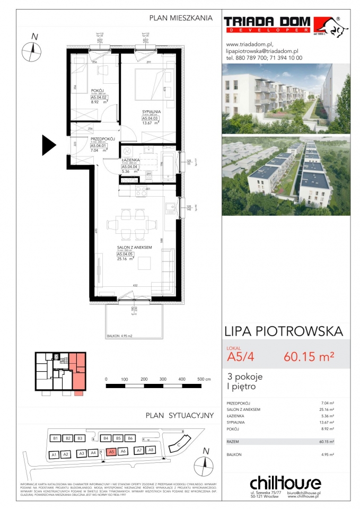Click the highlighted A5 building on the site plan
110,452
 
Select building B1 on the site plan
55,438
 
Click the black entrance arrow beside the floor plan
49,144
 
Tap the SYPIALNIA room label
151,111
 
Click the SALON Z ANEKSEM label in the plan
135,248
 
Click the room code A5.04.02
99,97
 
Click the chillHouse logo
286,483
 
